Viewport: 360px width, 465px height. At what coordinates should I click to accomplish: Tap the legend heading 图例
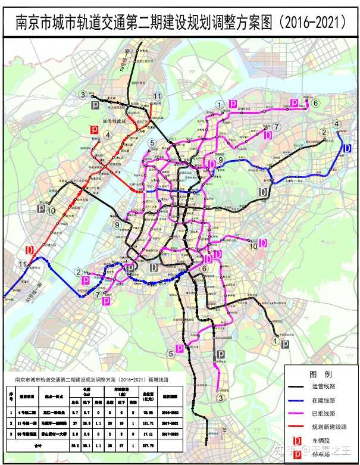321,373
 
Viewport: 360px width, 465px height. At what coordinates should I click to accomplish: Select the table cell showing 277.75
148,443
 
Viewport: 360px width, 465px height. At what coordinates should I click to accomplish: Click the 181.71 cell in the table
148,422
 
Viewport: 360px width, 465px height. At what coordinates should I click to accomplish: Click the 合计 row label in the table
39,443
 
